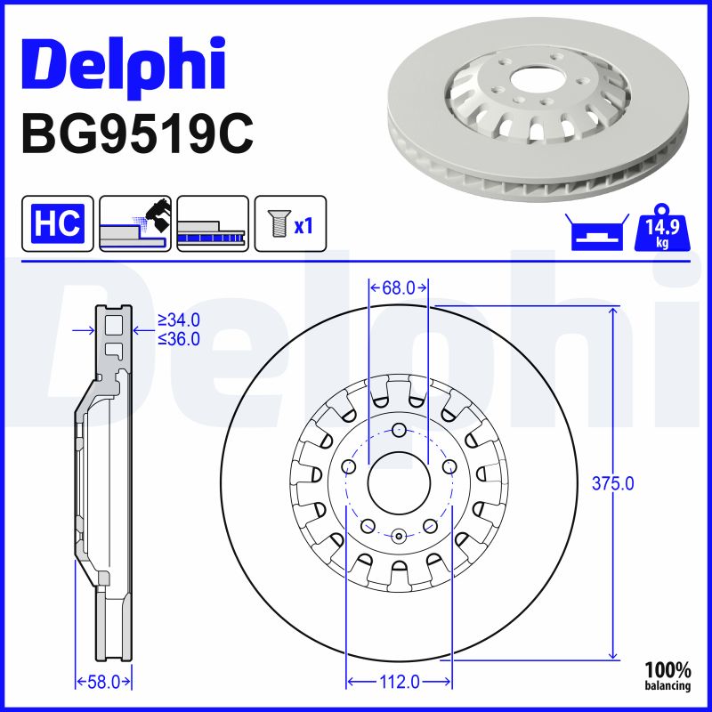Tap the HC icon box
[58, 223]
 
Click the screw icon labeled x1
[291, 223]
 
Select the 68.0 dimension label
[399, 287]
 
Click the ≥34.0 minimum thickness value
[178, 320]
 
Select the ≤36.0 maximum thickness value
[178, 338]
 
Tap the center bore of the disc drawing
[399, 483]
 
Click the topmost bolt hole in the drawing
[399, 433]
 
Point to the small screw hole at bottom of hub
[399, 535]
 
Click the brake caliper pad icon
[135, 223]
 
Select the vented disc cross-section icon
[213, 223]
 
